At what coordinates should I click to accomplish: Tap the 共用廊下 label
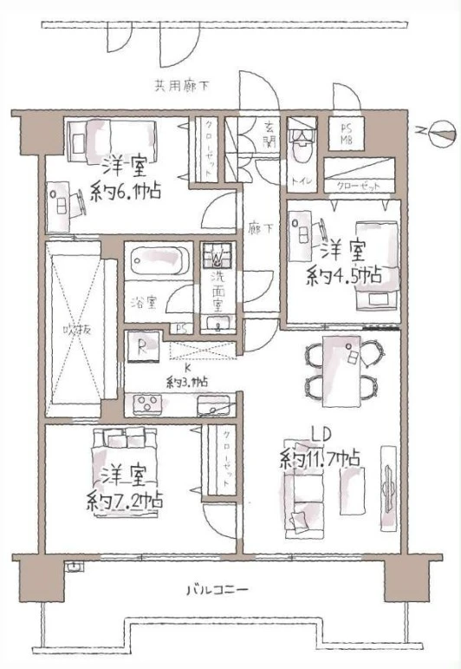183,86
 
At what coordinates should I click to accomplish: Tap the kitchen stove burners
146,403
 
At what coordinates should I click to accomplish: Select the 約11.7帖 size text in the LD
320,458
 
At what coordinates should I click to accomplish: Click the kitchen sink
211,403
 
